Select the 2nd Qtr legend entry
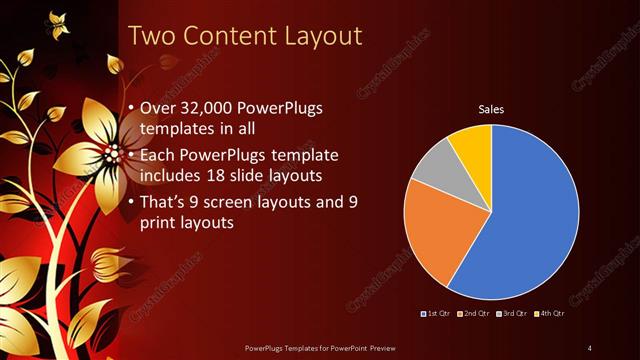tap(474, 315)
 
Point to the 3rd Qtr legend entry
tap(511, 315)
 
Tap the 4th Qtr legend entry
tap(548, 315)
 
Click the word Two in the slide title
tap(154, 37)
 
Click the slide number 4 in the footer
tap(590, 347)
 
